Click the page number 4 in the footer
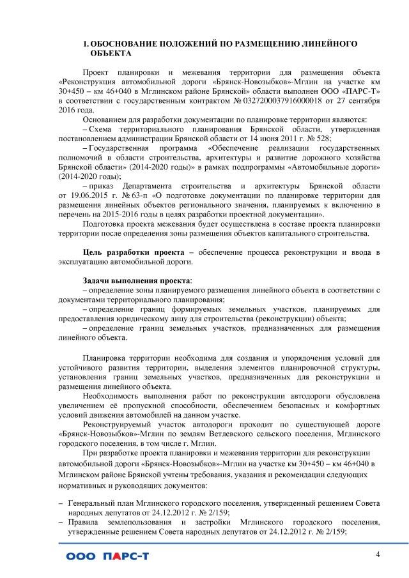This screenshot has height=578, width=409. click(x=378, y=554)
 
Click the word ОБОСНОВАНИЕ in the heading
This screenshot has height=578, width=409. click(x=123, y=44)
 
